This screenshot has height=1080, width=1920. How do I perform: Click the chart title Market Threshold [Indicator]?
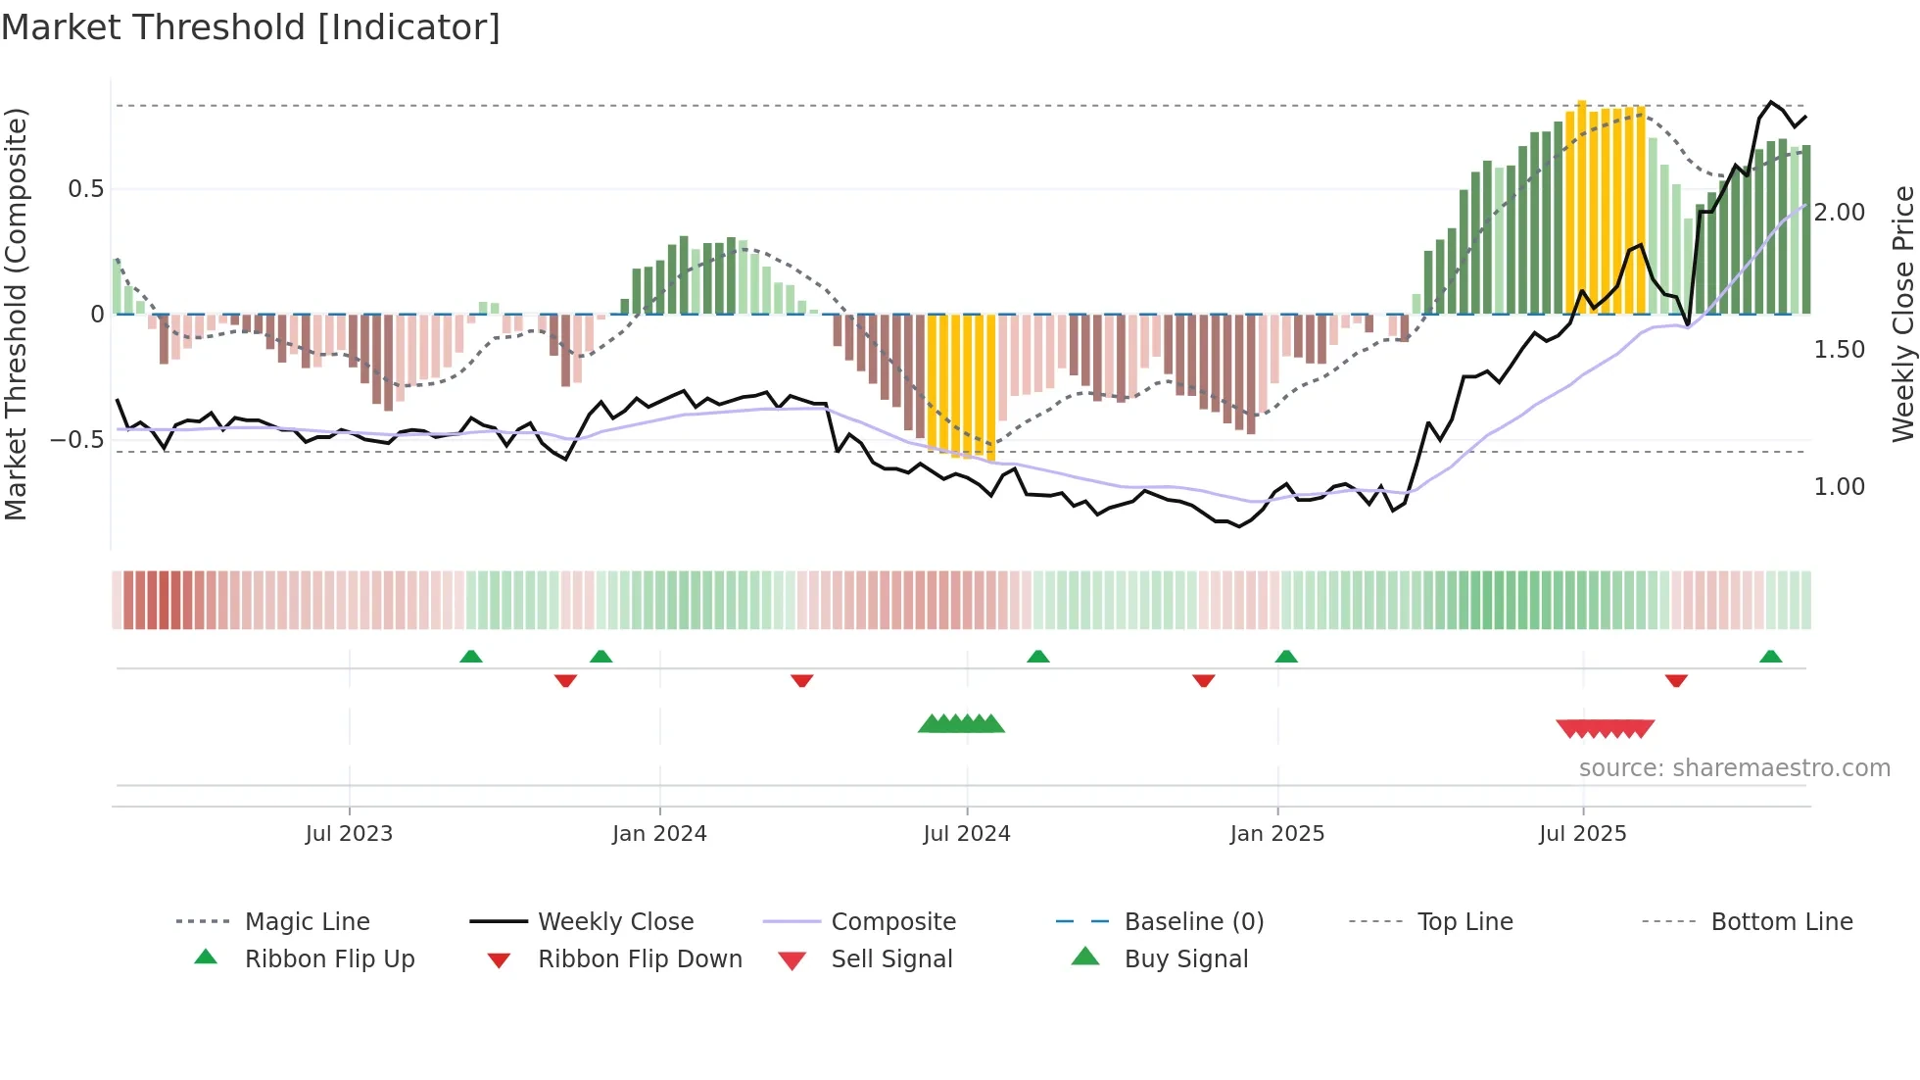[251, 27]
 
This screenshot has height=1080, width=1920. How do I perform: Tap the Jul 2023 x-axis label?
[349, 834]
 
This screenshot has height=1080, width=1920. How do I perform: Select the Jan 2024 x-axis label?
[659, 834]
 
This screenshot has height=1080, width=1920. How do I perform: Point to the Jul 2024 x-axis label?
[966, 834]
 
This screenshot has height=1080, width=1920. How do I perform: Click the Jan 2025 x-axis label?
[1276, 834]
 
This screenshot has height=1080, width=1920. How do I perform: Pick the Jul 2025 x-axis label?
[1582, 834]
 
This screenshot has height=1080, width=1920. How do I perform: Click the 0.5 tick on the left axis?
[86, 189]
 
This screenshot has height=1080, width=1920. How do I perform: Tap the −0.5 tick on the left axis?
[77, 440]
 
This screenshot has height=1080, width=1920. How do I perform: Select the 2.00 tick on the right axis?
[1839, 213]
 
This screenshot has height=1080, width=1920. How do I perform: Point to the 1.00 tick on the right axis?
[1839, 487]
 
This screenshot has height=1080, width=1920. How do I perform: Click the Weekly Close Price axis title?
[1902, 314]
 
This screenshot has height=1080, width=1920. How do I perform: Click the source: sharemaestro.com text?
[1734, 768]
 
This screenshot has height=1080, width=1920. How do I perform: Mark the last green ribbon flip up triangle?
[1770, 658]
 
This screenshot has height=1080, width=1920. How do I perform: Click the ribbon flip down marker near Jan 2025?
[1203, 680]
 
